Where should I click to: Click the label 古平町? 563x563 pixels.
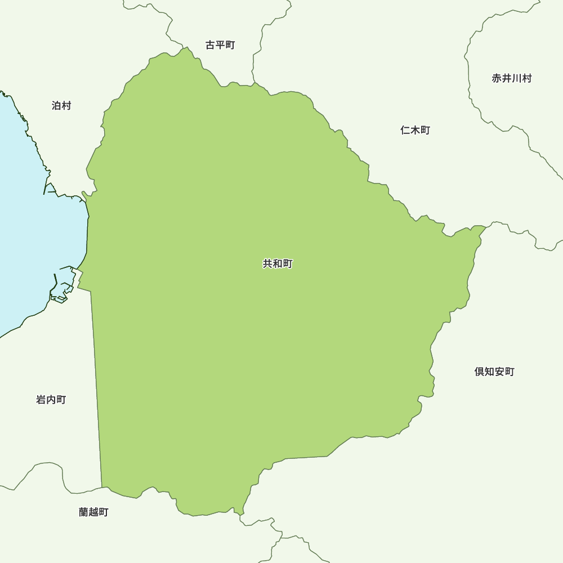[x=220, y=45]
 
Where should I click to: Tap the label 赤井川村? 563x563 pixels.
[x=512, y=78]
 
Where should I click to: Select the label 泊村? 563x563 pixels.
[x=61, y=106]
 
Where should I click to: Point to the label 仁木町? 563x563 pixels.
[x=415, y=130]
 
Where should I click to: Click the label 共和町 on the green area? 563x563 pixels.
[x=278, y=263]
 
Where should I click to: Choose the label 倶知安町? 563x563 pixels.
[x=494, y=372]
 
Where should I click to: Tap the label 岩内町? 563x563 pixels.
[x=51, y=400]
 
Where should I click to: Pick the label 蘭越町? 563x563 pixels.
[x=94, y=512]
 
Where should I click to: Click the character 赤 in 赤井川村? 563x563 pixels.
[x=497, y=78]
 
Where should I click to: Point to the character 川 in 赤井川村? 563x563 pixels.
[x=517, y=78]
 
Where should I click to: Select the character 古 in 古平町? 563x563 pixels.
[x=210, y=45]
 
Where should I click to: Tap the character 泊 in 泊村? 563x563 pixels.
[x=56, y=106]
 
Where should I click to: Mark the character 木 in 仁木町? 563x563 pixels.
[x=415, y=130]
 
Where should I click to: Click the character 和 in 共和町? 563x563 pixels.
[x=278, y=263]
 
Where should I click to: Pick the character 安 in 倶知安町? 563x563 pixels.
[x=499, y=372]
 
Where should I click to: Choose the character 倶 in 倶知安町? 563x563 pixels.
[x=479, y=372]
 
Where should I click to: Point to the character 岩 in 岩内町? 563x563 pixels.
[x=41, y=400]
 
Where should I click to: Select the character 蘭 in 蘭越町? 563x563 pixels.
[x=84, y=512]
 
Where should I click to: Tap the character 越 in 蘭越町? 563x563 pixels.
[x=94, y=512]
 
